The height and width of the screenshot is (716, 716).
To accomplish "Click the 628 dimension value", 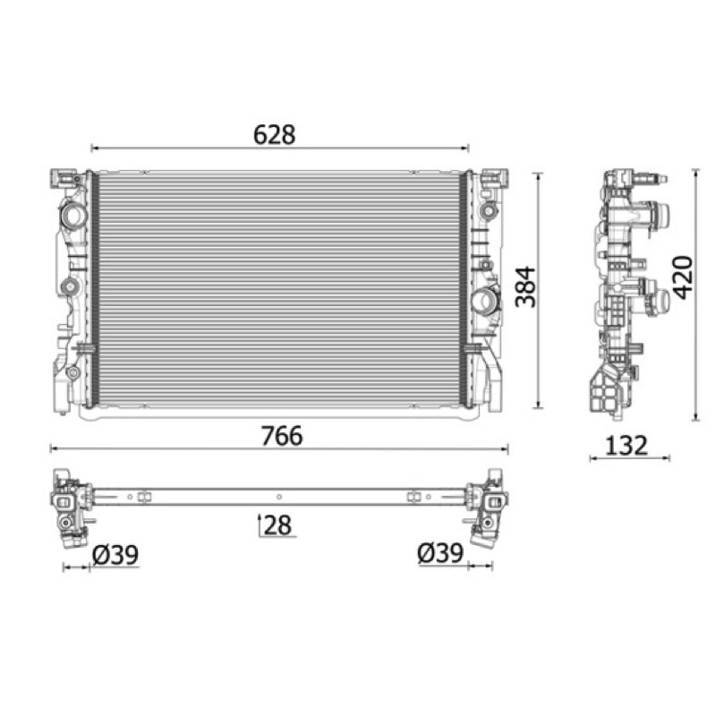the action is coord(275,135).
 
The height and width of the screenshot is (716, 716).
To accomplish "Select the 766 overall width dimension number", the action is coord(281,436).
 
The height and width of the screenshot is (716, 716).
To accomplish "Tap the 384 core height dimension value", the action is coord(525,286).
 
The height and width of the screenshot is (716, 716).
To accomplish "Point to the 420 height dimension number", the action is coord(683,277).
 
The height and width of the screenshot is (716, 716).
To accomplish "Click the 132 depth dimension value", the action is coord(626,445).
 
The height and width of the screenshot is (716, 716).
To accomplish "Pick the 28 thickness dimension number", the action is coord(277,524).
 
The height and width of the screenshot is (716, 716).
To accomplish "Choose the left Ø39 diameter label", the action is coord(115,555).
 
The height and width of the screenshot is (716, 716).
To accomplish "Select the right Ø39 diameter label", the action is coord(440,553).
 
